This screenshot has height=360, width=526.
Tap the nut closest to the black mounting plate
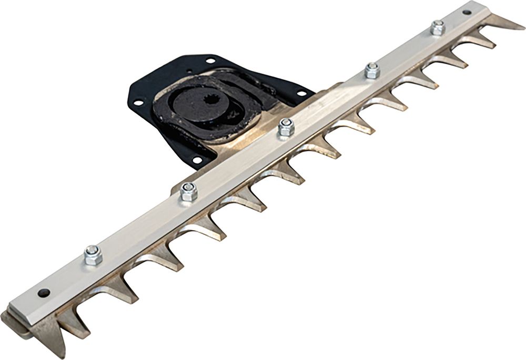point(286,128)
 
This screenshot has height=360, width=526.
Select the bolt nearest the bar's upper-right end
point(438,27)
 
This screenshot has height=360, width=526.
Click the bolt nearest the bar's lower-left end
point(93,255)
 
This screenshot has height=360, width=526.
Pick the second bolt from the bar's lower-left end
point(188,192)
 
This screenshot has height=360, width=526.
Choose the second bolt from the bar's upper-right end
point(372,70)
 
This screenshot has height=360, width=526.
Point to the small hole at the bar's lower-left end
point(43,292)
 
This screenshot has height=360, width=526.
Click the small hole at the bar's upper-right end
point(467,12)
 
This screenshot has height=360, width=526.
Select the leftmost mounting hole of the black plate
point(137,103)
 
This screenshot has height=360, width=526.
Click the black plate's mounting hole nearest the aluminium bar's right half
point(301,94)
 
